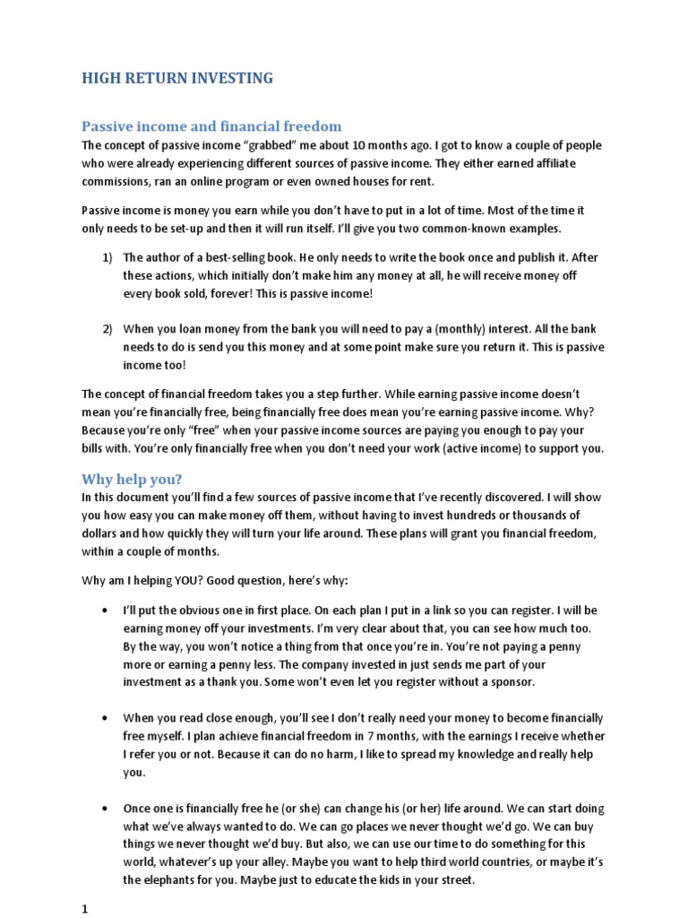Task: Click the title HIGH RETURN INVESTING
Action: pyautogui.click(x=177, y=79)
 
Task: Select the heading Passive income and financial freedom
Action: pyautogui.click(x=211, y=126)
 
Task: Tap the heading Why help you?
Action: pyautogui.click(x=132, y=478)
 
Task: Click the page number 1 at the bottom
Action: pyautogui.click(x=85, y=908)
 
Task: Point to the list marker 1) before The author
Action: pyautogui.click(x=107, y=258)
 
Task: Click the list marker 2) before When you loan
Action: pyautogui.click(x=107, y=328)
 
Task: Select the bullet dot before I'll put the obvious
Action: pyautogui.click(x=107, y=611)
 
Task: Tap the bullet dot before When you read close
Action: pyautogui.click(x=107, y=718)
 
